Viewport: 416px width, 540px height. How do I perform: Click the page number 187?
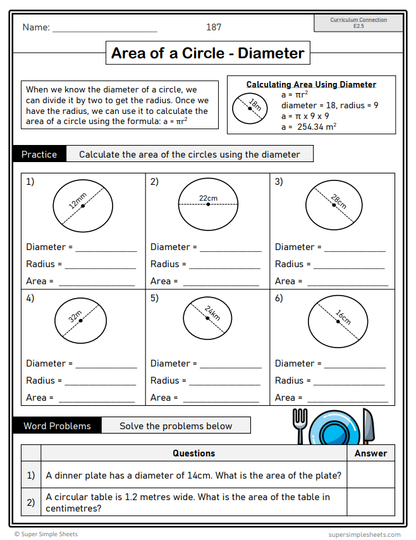tap(214, 27)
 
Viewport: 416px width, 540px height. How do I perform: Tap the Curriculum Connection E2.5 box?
tap(358, 23)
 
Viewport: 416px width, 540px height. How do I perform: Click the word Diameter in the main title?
tap(271, 53)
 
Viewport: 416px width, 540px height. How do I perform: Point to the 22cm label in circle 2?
tap(208, 198)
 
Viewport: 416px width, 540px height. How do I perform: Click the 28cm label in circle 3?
tap(338, 201)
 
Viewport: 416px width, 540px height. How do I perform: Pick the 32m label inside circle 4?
tap(76, 317)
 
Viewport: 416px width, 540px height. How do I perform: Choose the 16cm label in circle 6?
tap(343, 317)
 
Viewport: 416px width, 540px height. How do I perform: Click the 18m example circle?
tap(250, 109)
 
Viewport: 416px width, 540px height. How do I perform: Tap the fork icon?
tap(299, 425)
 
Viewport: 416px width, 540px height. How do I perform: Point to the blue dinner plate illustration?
tap(334, 428)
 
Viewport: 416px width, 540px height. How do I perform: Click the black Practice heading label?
tap(39, 154)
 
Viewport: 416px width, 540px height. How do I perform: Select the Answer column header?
tap(370, 453)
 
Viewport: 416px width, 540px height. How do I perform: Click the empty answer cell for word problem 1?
tap(370, 475)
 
